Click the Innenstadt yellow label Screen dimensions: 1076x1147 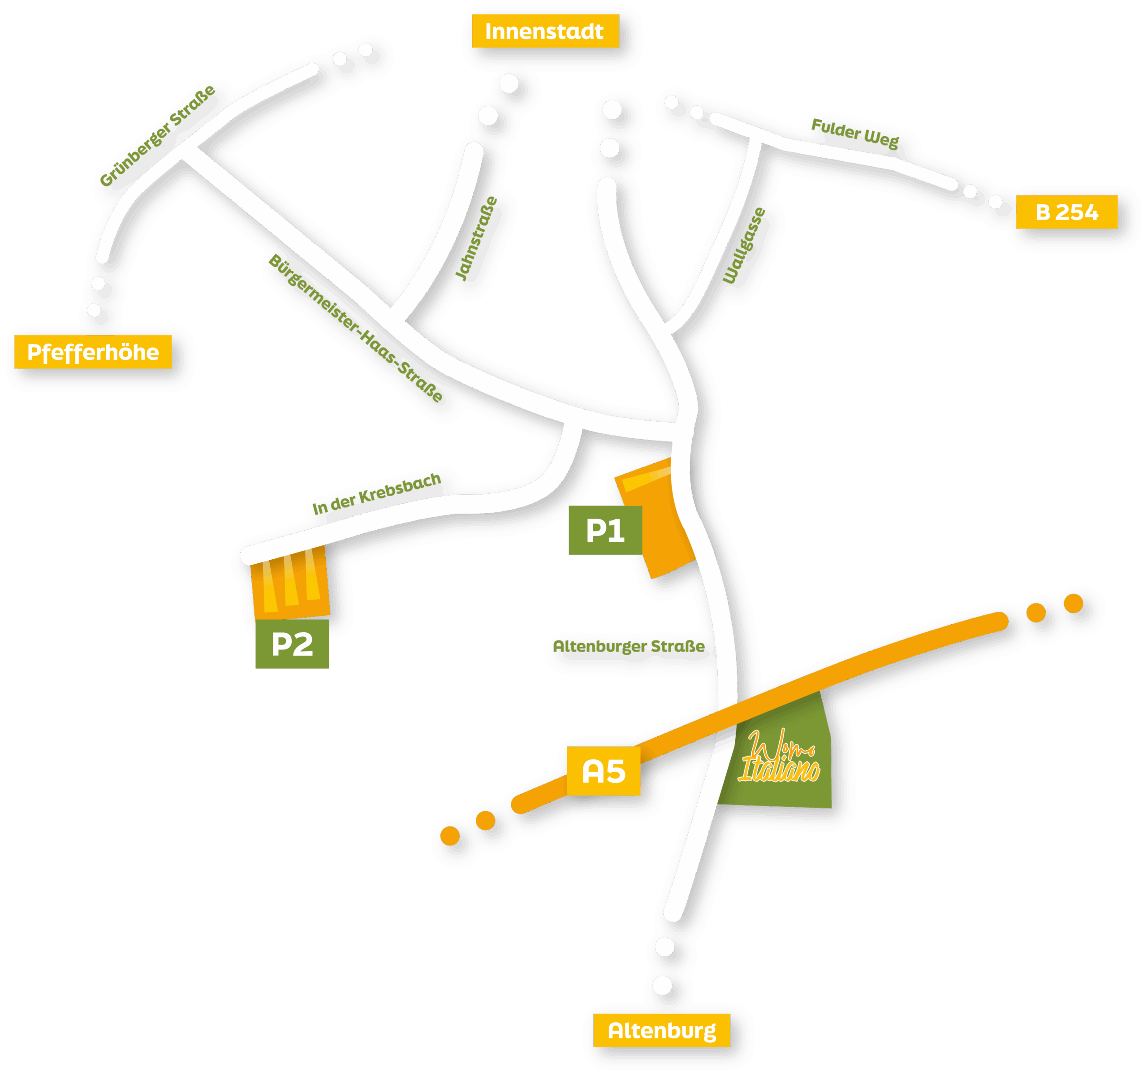point(545,31)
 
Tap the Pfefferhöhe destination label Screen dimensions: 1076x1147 point(93,352)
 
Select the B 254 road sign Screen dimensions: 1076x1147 point(1066,212)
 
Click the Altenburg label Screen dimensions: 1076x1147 point(661,1030)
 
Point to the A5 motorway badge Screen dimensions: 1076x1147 point(603,771)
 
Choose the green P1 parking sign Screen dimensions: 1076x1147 point(605,530)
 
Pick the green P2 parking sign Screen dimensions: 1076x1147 point(292,644)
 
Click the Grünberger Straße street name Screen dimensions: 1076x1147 point(158,136)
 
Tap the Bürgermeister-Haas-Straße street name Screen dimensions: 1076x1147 point(355,328)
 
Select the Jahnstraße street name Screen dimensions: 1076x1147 point(476,239)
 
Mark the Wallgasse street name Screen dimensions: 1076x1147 point(744,246)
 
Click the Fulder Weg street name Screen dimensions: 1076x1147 point(854,133)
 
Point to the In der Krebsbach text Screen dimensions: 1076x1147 point(377,494)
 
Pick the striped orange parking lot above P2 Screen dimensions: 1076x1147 point(290,583)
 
